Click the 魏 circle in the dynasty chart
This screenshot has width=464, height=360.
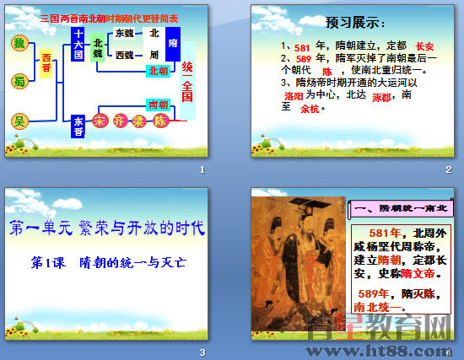(18, 43)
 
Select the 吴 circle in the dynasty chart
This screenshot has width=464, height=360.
(18, 121)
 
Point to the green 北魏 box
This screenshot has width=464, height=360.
(99, 48)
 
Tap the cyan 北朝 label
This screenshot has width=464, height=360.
(158, 72)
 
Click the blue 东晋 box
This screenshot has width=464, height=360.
(78, 125)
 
